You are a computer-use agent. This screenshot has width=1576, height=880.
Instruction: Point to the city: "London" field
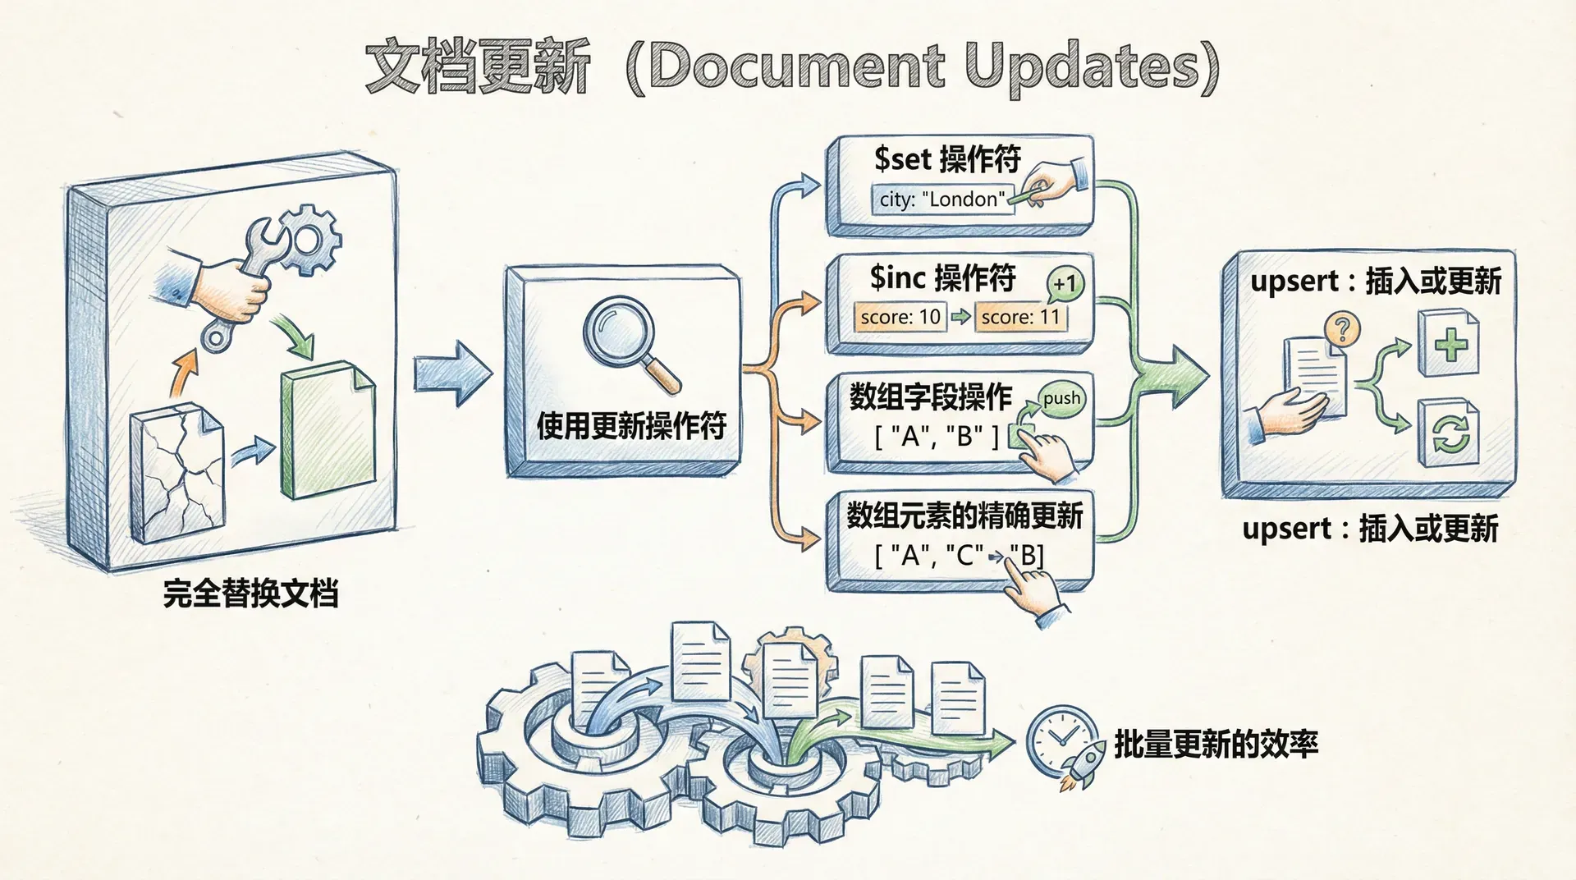[x=941, y=199]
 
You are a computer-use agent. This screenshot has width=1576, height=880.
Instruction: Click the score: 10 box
[x=900, y=317]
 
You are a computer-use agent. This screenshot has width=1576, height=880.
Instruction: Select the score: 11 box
[x=1020, y=317]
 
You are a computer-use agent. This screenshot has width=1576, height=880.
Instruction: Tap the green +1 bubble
[x=1065, y=284]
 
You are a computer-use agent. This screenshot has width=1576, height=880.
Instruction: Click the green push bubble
[x=1061, y=399]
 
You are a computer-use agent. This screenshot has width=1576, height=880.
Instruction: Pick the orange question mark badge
[x=1342, y=330]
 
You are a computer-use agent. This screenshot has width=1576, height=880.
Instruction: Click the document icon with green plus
[x=1450, y=344]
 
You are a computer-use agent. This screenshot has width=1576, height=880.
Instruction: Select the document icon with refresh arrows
[x=1450, y=433]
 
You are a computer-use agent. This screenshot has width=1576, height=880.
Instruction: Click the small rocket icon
[x=1082, y=765]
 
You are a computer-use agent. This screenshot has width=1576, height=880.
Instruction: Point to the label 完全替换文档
[x=250, y=593]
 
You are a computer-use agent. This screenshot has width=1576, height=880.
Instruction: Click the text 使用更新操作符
[x=631, y=426]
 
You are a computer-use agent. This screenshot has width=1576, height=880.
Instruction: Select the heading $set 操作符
[x=946, y=158]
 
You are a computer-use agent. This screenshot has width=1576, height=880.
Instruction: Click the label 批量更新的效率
[x=1216, y=744]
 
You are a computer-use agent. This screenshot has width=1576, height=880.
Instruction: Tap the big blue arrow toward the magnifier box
[x=451, y=374]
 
